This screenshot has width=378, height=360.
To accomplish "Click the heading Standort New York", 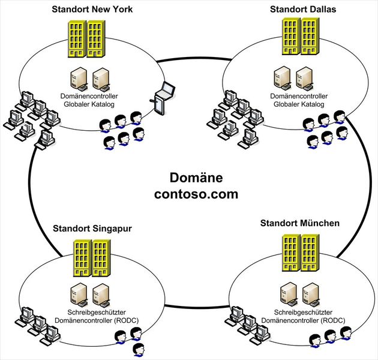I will [92, 10].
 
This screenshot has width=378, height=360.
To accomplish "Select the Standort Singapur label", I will [92, 228].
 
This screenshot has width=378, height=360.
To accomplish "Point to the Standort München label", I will [300, 223].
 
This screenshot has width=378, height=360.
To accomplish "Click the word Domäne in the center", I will [196, 178].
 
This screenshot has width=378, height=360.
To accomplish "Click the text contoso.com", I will [196, 194].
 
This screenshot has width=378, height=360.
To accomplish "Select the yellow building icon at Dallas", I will [300, 35].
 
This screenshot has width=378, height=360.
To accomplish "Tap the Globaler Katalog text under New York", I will [88, 104].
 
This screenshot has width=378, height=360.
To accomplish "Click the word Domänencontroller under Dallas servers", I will [298, 96].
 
